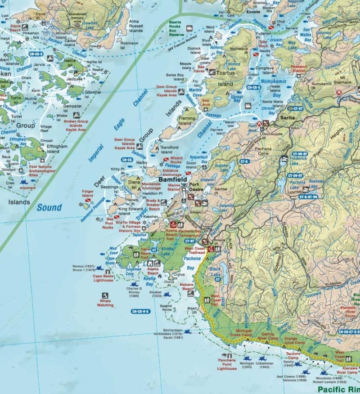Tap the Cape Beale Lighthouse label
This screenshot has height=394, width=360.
pos(103,278)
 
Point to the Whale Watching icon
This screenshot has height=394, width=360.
pos(105,296)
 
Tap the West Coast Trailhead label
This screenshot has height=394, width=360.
pos(195,251)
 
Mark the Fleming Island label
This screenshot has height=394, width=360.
pos(187,121)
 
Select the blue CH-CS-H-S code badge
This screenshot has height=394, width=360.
pos(142,311)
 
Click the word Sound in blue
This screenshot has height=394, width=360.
pos(49,207)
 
